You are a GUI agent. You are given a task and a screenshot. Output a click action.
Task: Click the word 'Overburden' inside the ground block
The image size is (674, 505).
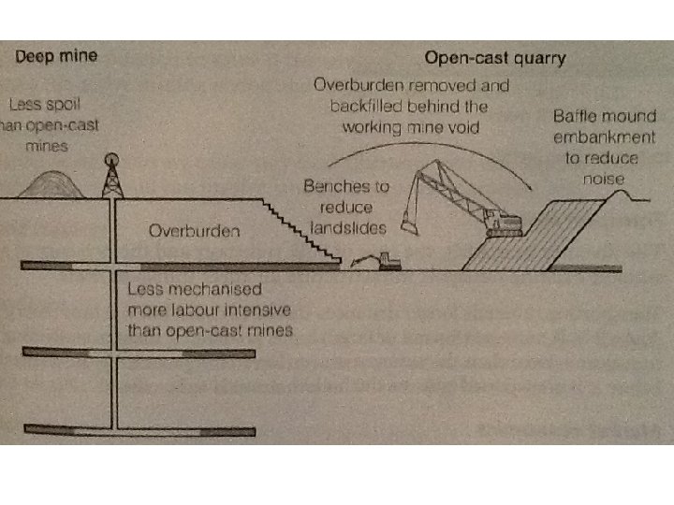coord(192,230)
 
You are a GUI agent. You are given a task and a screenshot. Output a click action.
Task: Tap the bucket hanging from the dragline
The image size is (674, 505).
coord(405,224)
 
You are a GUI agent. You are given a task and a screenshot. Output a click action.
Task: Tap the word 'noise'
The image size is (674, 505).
coord(609,175)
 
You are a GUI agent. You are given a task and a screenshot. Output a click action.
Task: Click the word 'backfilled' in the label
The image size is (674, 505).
coord(368,106)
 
